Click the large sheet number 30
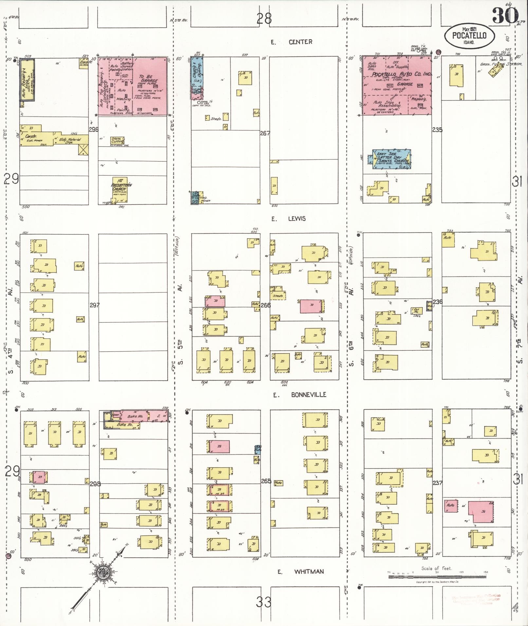(505, 16)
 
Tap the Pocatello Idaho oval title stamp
(469, 35)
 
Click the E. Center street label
(291, 42)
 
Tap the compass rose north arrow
(104, 572)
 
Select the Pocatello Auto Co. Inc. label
(401, 74)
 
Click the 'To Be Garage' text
(148, 80)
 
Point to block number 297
(94, 305)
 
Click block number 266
(265, 305)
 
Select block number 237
(437, 482)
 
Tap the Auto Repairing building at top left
(27, 80)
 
